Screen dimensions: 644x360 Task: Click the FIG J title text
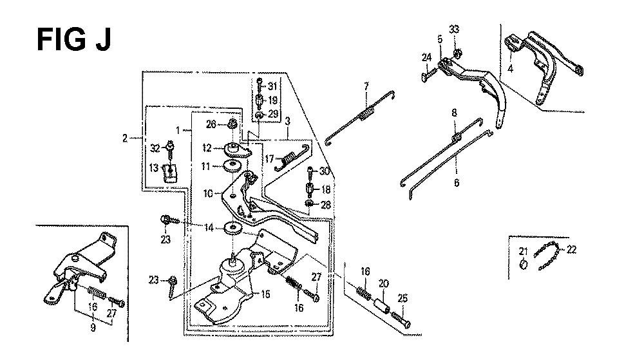[x=74, y=40]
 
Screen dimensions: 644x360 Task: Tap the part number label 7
[x=366, y=86]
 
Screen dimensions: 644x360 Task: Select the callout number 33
[x=454, y=30]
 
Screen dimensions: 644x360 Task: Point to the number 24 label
[x=427, y=57]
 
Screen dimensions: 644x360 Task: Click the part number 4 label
[x=510, y=68]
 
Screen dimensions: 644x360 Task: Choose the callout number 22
[x=572, y=250]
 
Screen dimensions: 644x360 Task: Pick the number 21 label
[x=523, y=251]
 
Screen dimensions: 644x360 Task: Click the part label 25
[x=402, y=298]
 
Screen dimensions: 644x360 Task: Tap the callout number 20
[x=383, y=283]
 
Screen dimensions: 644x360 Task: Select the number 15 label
[x=265, y=294]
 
